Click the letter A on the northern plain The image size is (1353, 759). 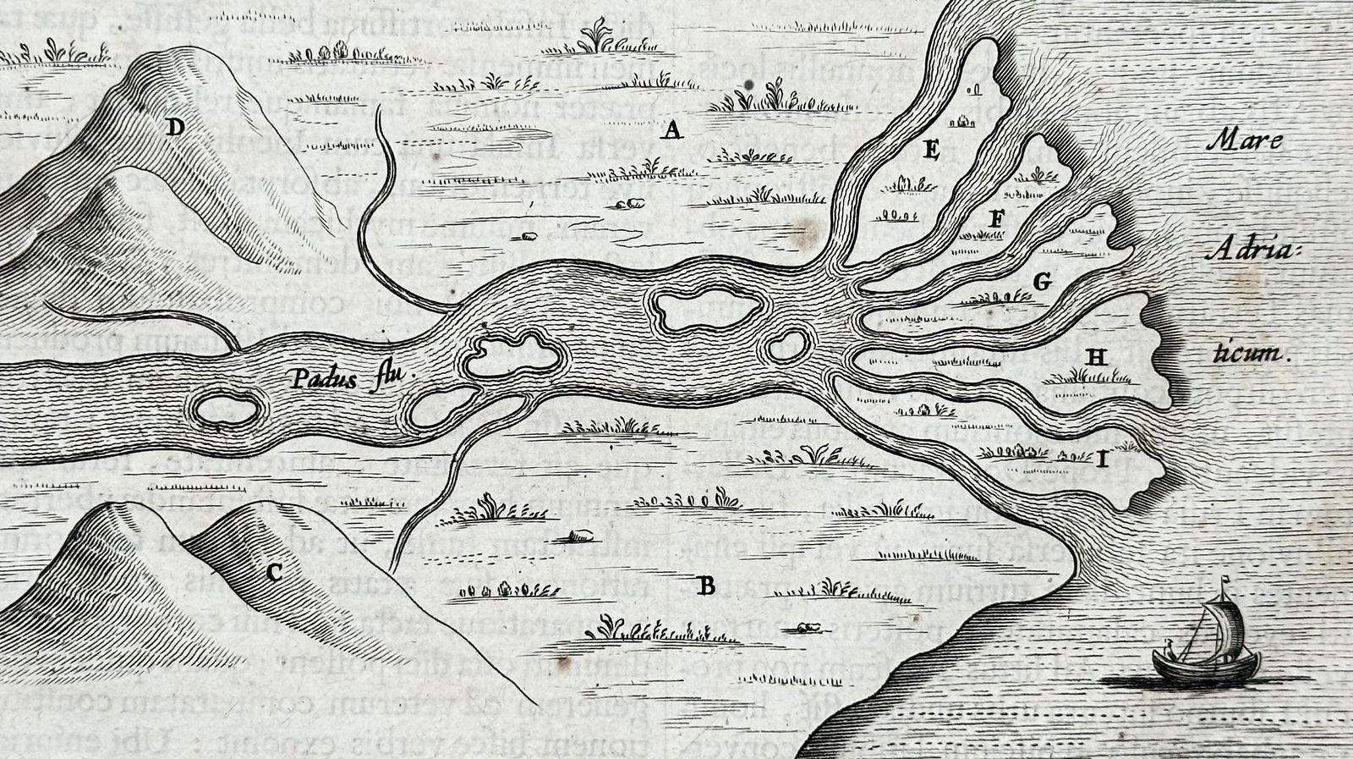pyautogui.click(x=672, y=130)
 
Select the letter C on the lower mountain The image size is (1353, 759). pyautogui.click(x=273, y=573)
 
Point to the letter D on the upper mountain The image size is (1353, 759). pyautogui.click(x=175, y=127)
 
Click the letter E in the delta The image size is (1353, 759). pyautogui.click(x=932, y=151)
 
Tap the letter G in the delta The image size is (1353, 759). pyautogui.click(x=1043, y=281)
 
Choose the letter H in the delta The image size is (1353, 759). pyautogui.click(x=1097, y=357)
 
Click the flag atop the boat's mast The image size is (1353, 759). pyautogui.click(x=1225, y=581)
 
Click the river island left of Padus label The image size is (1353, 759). pyautogui.click(x=226, y=410)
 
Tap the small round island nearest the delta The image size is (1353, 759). pyautogui.click(x=787, y=345)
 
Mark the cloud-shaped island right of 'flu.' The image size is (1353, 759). pyautogui.click(x=512, y=354)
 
